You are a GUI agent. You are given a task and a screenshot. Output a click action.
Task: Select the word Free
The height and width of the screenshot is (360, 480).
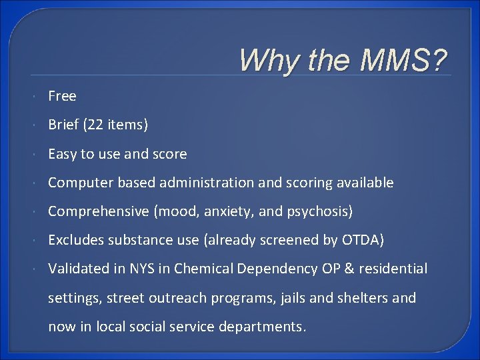click(x=62, y=96)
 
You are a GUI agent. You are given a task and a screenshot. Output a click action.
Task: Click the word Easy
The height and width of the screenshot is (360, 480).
click(x=62, y=154)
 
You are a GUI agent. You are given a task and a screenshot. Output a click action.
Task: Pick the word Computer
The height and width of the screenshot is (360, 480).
click(x=78, y=183)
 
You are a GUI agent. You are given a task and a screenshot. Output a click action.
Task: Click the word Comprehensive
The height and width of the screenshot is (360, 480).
click(x=99, y=211)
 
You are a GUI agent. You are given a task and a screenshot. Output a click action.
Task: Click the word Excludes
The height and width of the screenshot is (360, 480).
click(x=73, y=240)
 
